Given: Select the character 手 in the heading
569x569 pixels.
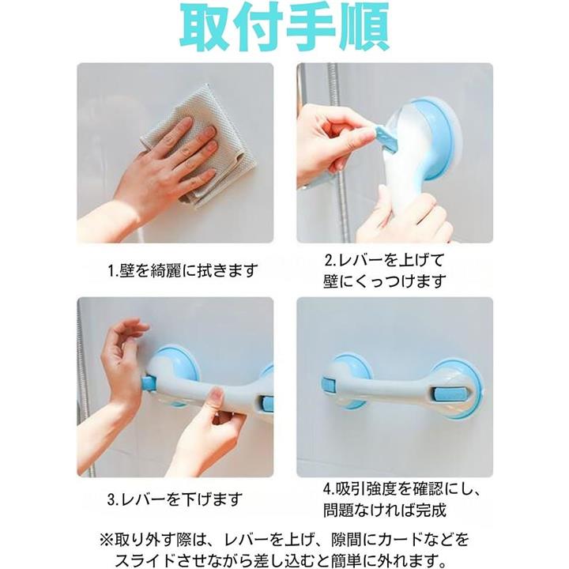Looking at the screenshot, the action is pyautogui.click(x=311, y=27).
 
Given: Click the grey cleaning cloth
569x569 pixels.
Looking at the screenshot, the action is pyautogui.click(x=200, y=145).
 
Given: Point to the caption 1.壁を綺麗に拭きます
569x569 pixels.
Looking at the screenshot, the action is pyautogui.click(x=183, y=270).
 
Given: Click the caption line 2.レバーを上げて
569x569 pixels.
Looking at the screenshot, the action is pyautogui.click(x=384, y=260).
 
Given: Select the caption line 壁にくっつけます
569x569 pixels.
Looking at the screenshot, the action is pyautogui.click(x=385, y=281).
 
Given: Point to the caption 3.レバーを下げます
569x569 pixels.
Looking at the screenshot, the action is pyautogui.click(x=175, y=499).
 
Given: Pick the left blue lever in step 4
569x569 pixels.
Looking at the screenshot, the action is pyautogui.click(x=329, y=384).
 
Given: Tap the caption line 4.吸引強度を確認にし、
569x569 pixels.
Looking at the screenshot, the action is pyautogui.click(x=401, y=489).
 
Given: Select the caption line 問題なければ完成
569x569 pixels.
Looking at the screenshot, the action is pyautogui.click(x=385, y=511).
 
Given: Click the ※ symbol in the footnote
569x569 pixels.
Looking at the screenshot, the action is pyautogui.click(x=107, y=539).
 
